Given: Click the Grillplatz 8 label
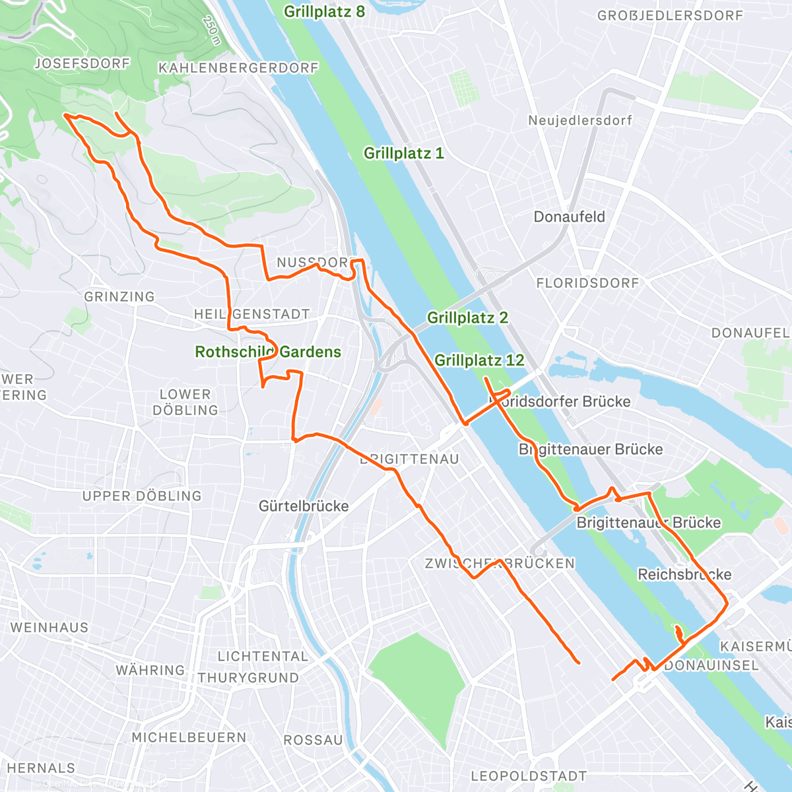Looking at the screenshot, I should coord(324,12).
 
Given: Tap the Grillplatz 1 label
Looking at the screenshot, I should coord(404,153).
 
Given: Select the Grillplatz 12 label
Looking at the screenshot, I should coord(479,360).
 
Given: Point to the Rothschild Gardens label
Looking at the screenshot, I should coord(268,352).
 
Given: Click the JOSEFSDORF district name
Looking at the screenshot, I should coord(82,64).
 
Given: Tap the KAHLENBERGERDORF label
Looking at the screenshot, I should coord(239,68).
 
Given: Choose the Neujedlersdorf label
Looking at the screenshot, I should coord(580,120).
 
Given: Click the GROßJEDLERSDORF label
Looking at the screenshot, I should coord(671,15).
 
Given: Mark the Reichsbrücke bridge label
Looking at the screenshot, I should coord(684,574).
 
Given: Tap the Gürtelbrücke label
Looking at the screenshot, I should coord(304,506).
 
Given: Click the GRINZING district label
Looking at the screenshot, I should coord(119,297).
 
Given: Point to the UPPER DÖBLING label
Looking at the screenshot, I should coord(142,496).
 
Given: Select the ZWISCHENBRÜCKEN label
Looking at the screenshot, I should coord(500,564).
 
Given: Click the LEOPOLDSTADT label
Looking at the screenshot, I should coord(529,776).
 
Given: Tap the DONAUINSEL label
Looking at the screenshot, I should coord(711,665).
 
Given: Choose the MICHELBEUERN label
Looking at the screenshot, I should coord(189,737).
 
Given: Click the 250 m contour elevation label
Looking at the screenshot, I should coord(211,30).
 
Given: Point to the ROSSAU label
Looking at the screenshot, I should coord(313,741).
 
